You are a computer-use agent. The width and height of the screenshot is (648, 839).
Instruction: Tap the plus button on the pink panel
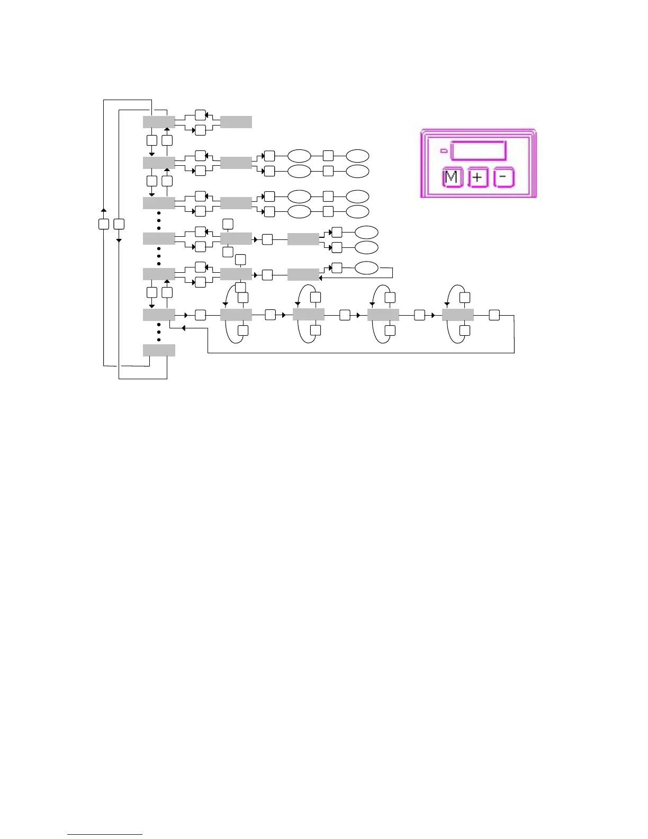coord(478,178)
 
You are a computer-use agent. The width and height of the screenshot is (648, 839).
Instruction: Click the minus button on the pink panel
coord(503,178)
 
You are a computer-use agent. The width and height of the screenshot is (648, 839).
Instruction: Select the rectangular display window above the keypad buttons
coord(479,150)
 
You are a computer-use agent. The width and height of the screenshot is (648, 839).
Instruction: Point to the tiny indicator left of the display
coord(444,151)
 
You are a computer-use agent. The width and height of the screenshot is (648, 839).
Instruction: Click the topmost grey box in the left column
coord(159,122)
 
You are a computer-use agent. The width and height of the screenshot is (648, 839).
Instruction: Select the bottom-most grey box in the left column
coord(159,350)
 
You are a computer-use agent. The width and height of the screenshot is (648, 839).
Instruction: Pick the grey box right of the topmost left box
coord(236,122)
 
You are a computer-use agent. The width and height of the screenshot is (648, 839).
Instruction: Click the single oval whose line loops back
coord(366,268)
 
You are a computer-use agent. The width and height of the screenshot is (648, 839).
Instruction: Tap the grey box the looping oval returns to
coord(303,274)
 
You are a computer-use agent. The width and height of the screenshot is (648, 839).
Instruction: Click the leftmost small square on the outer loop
coord(104,224)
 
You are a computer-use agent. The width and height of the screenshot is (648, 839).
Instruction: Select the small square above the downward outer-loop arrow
coord(119,224)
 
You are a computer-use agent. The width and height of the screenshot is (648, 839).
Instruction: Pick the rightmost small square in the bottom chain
coord(494,315)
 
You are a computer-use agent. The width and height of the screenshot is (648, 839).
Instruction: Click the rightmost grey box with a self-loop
coord(457,315)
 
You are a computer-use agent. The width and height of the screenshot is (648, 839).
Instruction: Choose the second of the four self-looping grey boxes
coord(309,315)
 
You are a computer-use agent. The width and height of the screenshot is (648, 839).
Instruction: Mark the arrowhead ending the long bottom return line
coord(183,328)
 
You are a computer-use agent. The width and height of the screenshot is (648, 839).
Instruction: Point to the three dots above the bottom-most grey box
coord(159,333)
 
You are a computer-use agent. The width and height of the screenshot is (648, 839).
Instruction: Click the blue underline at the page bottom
coord(105,835)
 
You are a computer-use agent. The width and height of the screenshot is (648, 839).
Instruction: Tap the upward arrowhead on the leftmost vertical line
coord(104,210)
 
